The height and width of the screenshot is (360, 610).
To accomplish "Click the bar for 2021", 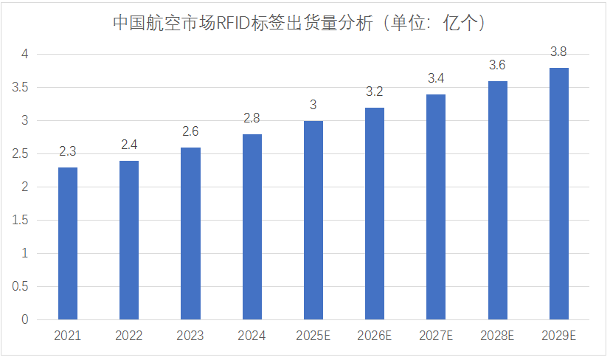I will tap(68, 243).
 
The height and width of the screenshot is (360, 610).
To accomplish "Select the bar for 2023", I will tap(190, 233).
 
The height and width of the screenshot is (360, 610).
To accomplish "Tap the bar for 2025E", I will tap(313, 220).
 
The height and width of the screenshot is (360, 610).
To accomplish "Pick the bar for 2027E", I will tap(436, 207).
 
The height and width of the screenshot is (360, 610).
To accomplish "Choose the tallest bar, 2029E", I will tap(559, 193).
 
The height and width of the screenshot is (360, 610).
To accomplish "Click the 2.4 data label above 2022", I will tap(129, 145).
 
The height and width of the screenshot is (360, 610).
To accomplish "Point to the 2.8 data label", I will tap(252, 118).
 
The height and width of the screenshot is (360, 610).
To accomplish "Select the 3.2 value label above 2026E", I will tap(375, 91).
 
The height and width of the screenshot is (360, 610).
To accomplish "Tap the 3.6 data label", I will tap(498, 65).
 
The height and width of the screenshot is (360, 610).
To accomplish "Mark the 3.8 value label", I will tap(559, 52).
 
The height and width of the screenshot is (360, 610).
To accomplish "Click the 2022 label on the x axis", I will tap(129, 336).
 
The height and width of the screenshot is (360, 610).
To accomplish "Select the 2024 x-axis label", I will tap(252, 336).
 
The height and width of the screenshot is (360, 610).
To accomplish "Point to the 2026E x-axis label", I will tap(375, 336).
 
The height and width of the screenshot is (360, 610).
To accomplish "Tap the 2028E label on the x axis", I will tap(498, 336).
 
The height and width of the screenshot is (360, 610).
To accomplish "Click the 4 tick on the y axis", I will tap(24, 54).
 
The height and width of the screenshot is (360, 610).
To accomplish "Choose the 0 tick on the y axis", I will tap(24, 319).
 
